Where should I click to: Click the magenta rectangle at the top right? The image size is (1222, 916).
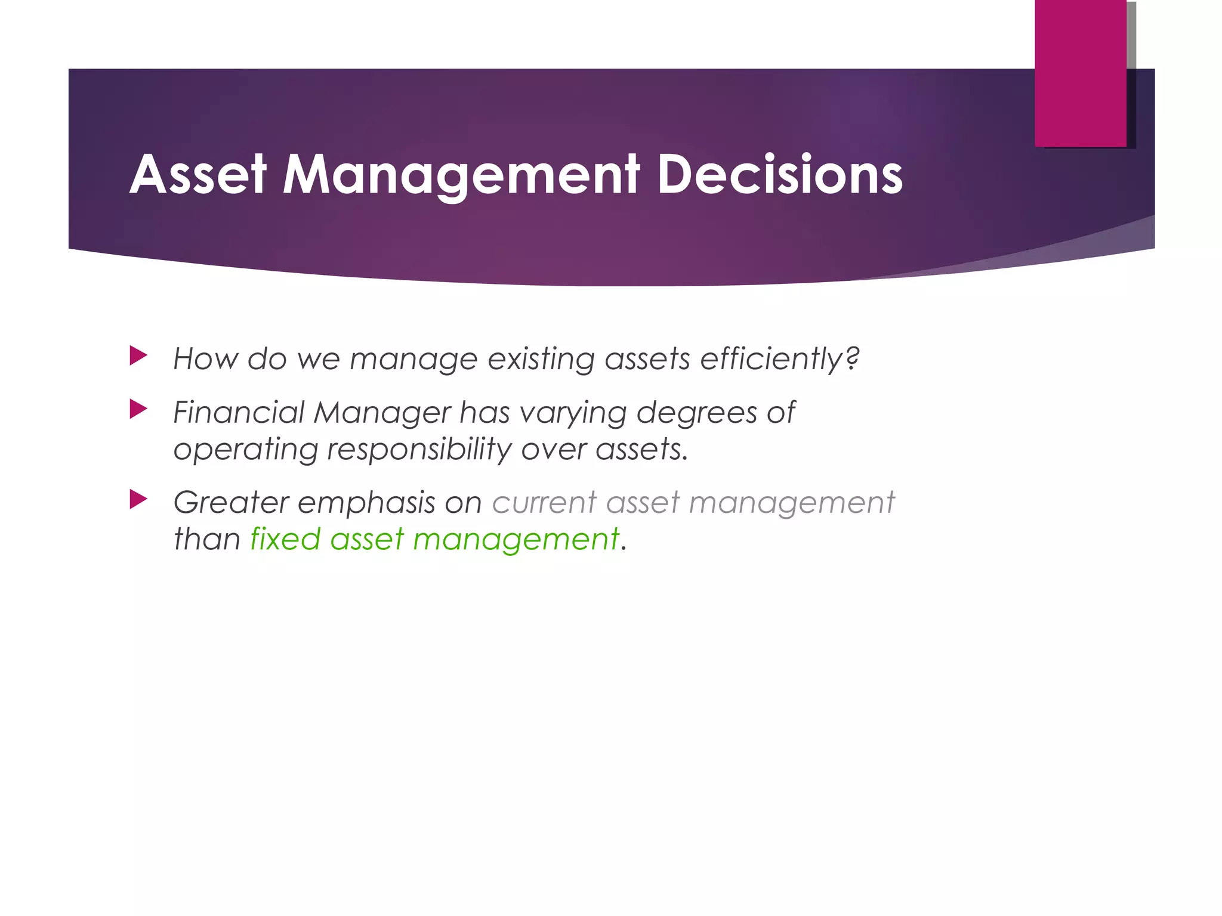point(1080,73)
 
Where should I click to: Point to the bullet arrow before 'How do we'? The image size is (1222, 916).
point(138,357)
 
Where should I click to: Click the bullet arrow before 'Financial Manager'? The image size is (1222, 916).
point(138,409)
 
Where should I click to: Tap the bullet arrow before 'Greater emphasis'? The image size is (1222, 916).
point(138,499)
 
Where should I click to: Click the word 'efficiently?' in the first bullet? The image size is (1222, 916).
point(779,359)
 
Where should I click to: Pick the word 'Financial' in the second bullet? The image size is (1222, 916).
point(239,412)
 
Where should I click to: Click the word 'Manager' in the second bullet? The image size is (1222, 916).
point(382,412)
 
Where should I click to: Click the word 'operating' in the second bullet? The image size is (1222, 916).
point(245,449)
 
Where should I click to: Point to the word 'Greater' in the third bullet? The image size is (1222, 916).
point(230,502)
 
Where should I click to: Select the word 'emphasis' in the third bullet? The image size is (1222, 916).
point(366,502)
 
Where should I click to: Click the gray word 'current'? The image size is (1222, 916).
point(544,502)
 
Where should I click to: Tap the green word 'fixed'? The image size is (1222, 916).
point(285,539)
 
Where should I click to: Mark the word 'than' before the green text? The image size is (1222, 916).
point(206,539)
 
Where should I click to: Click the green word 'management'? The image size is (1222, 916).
point(516,539)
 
